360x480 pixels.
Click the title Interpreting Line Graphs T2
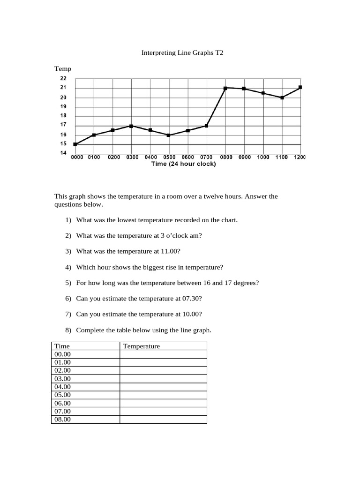[x=182, y=53]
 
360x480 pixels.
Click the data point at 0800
[x=225, y=88]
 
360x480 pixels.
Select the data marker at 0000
[x=75, y=144]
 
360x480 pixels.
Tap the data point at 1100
[x=282, y=97]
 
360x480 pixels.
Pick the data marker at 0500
[x=169, y=135]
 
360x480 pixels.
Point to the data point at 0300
[x=132, y=126]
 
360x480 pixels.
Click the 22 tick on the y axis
[x=63, y=78]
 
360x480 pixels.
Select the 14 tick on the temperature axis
[x=63, y=153]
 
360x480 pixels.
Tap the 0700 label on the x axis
[x=207, y=157]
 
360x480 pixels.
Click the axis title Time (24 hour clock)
[x=184, y=164]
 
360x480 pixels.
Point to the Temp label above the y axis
[x=63, y=69]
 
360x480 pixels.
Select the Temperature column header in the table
[x=141, y=346]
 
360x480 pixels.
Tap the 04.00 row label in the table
[x=62, y=387]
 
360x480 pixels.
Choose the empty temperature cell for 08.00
[x=163, y=420]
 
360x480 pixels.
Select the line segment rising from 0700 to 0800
[x=216, y=107]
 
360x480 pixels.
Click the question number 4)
[x=68, y=267]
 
